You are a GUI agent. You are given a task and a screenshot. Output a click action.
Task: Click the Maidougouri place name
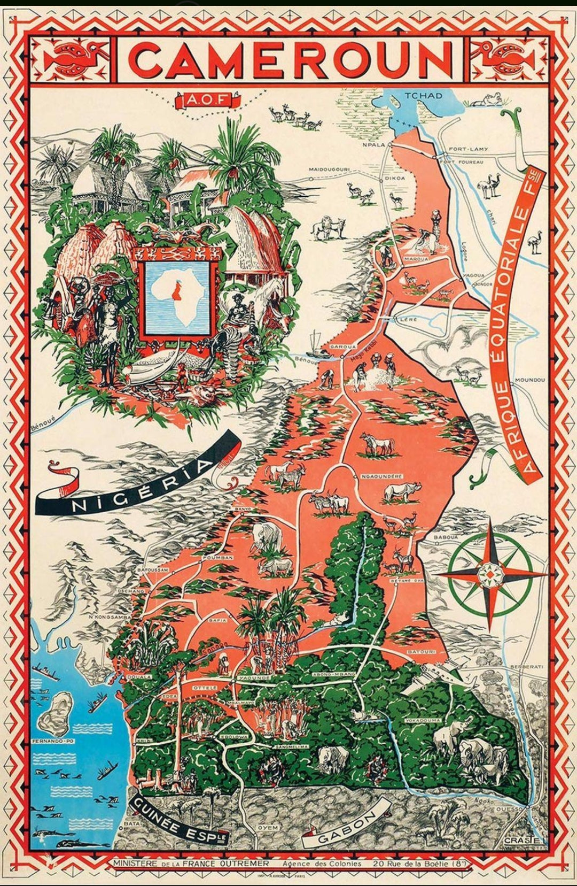pyautogui.click(x=329, y=170)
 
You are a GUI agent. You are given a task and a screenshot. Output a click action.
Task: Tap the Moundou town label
pyautogui.click(x=529, y=380)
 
